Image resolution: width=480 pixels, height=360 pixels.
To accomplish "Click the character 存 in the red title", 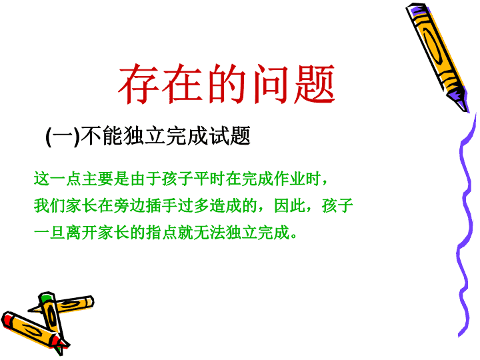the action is click(139, 84).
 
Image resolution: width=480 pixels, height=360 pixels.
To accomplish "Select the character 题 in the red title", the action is click(315, 84).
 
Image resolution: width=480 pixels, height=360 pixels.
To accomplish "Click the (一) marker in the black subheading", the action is click(63, 136).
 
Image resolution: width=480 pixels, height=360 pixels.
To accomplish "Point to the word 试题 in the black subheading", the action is click(230, 135).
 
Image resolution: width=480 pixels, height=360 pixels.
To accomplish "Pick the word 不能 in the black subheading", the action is click(101, 135).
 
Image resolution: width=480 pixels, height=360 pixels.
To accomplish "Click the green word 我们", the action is click(49, 205).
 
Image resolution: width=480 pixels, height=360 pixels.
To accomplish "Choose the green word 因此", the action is click(289, 205).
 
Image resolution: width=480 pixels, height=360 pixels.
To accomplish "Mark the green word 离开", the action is click(81, 233).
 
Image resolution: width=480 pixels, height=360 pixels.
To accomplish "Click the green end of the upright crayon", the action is click(46, 297).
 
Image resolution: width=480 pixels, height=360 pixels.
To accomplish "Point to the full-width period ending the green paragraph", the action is click(294, 236).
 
